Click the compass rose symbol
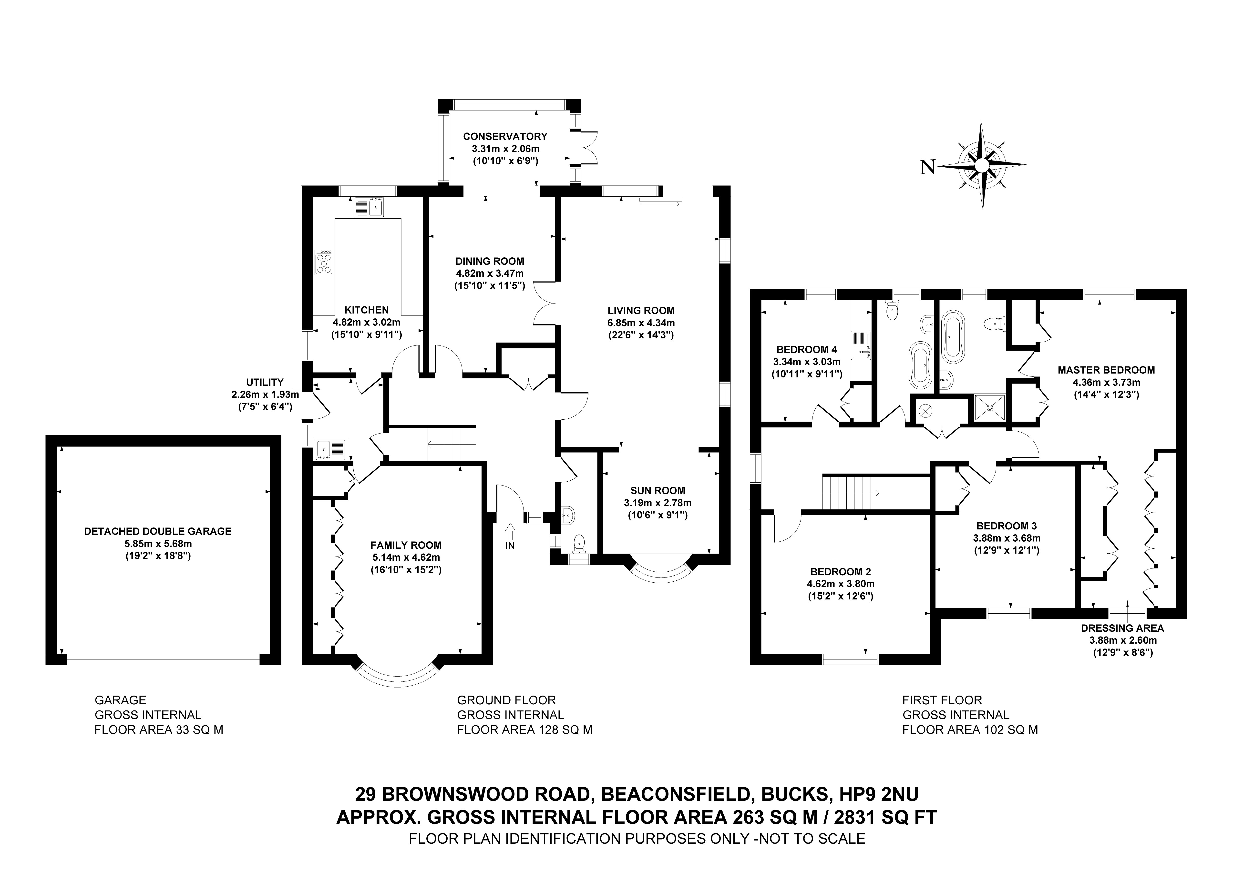(982, 165)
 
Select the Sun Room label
(657, 490)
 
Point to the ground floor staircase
(452, 444)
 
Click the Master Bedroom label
(1106, 370)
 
